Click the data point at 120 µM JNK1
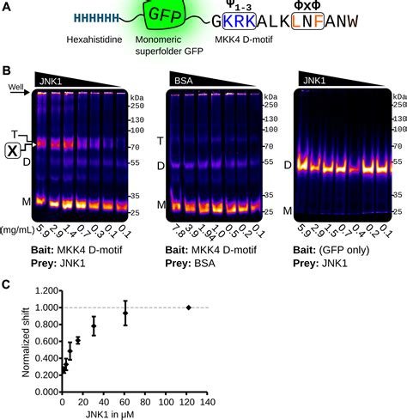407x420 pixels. pyautogui.click(x=189, y=307)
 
